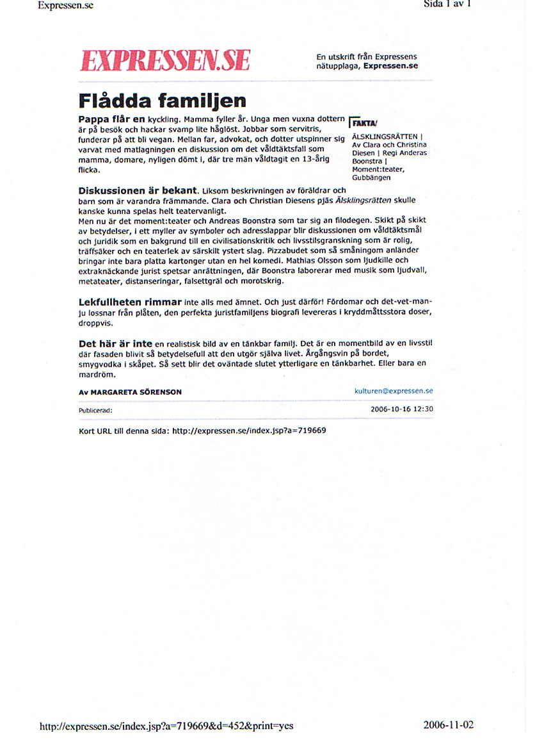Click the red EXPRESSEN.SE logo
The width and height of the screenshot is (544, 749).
pos(164,60)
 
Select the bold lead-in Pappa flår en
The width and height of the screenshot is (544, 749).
pos(112,119)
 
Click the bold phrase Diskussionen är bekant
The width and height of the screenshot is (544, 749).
pos(137,190)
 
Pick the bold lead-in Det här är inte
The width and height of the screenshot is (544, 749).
pos(115,344)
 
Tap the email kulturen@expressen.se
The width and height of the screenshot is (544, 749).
pos(394,390)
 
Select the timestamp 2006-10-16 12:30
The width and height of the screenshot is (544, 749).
pos(401,408)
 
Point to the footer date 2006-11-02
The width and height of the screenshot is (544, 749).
pos(448,725)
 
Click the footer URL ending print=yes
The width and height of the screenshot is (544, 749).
pos(166,726)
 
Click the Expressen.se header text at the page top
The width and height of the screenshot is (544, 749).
pos(66,5)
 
